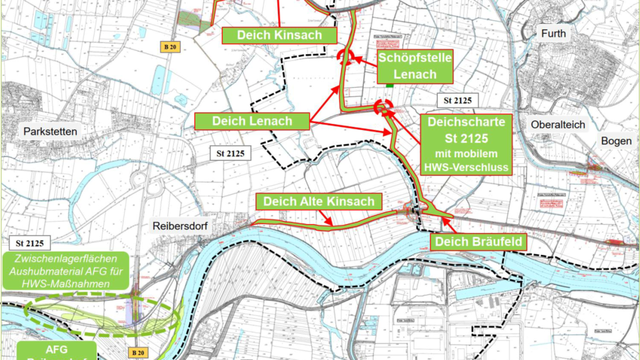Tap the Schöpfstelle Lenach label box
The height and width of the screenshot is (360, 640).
(415, 66)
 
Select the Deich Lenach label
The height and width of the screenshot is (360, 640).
(252, 121)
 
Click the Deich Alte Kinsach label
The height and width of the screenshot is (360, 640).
(318, 201)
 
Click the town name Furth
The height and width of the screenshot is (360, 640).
(554, 33)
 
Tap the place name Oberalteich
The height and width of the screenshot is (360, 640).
(558, 124)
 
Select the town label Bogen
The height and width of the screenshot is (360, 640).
(616, 141)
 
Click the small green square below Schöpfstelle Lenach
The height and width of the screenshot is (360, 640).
(389, 84)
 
